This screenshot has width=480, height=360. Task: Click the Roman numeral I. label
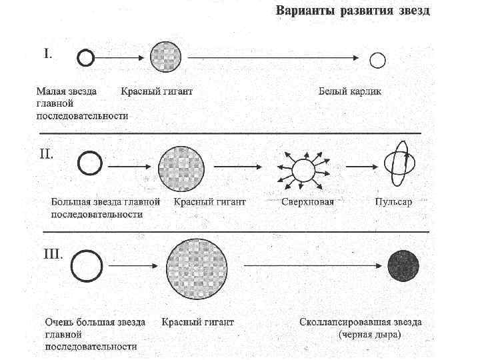point(49,54)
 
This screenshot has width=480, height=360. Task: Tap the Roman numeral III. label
point(52,254)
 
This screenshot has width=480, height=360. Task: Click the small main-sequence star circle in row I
point(85,59)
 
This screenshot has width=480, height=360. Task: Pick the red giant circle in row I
point(166,57)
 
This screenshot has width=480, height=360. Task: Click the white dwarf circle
point(378,61)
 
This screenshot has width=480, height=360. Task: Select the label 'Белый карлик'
point(349,91)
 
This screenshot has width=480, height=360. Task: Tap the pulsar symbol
point(399,164)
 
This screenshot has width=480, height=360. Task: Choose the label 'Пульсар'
point(393,201)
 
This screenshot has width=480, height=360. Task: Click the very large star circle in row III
point(87,266)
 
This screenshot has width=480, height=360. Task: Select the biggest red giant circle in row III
point(197,268)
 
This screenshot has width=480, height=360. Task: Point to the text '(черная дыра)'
point(369,335)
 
